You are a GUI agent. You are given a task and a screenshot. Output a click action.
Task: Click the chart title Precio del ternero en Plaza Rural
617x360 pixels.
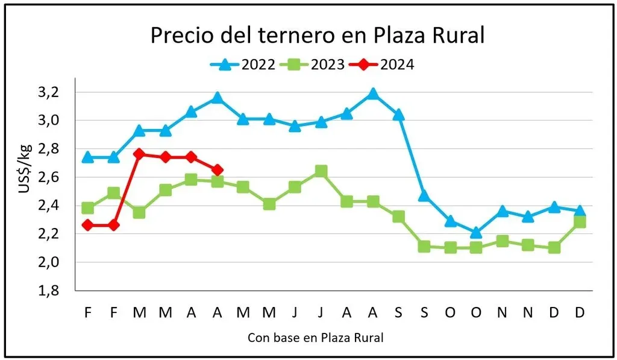pos(317,35)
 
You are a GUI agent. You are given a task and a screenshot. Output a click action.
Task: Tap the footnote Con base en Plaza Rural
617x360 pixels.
pos(316,338)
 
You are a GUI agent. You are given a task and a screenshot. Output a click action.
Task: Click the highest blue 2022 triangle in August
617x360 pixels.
pos(373,93)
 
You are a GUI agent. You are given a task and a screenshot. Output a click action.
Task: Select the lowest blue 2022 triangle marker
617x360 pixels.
pos(476,232)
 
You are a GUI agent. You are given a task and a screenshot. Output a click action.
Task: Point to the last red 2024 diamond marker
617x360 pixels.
pos(218,170)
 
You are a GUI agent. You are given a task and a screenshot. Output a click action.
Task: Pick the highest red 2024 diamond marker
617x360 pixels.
pos(140,154)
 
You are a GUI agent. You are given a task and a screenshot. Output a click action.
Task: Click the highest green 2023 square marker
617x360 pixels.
pos(321,172)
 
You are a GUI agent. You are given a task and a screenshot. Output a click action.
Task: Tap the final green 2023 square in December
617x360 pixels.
pos(580,222)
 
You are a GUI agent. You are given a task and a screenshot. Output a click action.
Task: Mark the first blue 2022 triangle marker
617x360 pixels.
pos(88,157)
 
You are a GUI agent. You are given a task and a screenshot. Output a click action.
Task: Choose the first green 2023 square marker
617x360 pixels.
pos(88,208)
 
